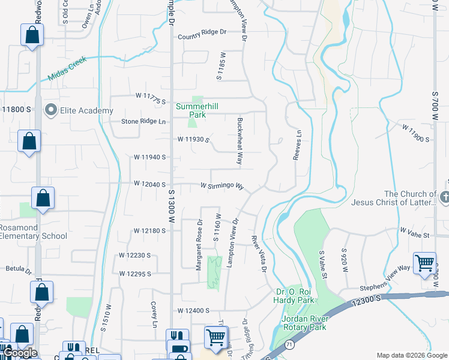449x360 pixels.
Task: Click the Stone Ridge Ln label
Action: click(143, 121)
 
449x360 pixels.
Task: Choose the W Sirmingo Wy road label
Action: click(221, 186)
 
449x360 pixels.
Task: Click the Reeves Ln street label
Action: click(297, 145)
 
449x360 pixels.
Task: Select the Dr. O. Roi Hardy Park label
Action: click(294, 296)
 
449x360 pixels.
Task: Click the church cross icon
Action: click(444, 197)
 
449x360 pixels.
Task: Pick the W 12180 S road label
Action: click(149, 230)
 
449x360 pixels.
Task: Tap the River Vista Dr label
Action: click(259, 254)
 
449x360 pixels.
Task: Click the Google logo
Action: click(20, 353)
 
